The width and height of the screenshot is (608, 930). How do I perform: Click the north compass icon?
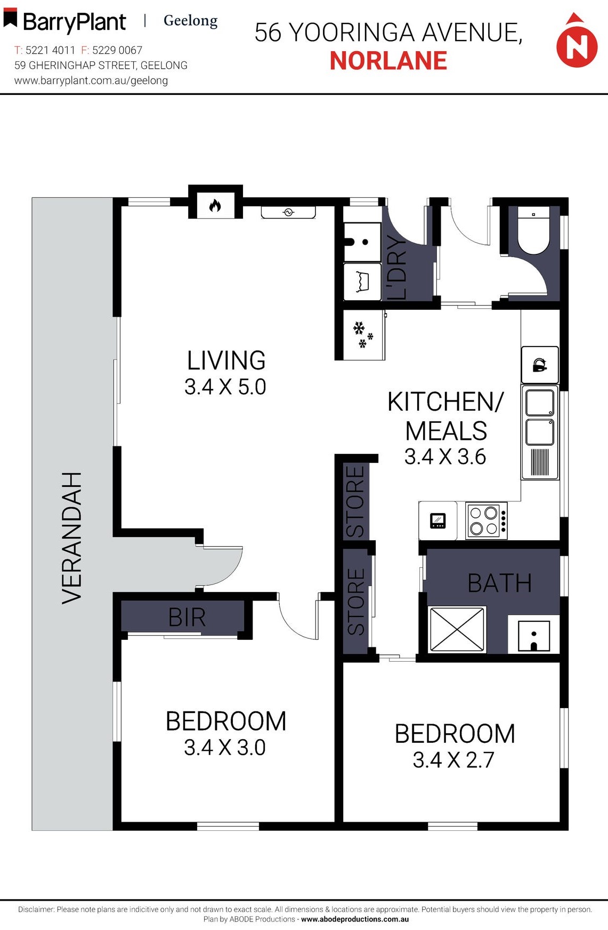(577, 43)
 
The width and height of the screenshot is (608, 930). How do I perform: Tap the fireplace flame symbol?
(215, 205)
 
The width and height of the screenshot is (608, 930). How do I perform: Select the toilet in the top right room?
(534, 232)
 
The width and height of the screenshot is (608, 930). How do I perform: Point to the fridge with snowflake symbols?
(363, 335)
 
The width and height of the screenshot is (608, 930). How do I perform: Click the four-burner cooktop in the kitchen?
(485, 520)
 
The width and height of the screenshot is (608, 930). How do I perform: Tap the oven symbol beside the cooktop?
(437, 520)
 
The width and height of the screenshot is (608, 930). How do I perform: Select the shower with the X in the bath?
(457, 629)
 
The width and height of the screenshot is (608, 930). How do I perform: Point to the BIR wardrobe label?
(187, 618)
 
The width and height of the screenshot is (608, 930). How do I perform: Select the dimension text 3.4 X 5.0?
(225, 387)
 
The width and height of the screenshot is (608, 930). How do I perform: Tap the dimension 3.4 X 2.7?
(453, 760)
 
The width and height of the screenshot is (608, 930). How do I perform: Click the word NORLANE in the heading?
(388, 61)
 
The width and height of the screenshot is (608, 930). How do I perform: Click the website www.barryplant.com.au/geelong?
(91, 81)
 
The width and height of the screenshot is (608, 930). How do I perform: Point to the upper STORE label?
(355, 501)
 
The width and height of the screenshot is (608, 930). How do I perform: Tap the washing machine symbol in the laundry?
(362, 282)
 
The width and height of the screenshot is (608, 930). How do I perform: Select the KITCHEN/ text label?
(445, 402)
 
